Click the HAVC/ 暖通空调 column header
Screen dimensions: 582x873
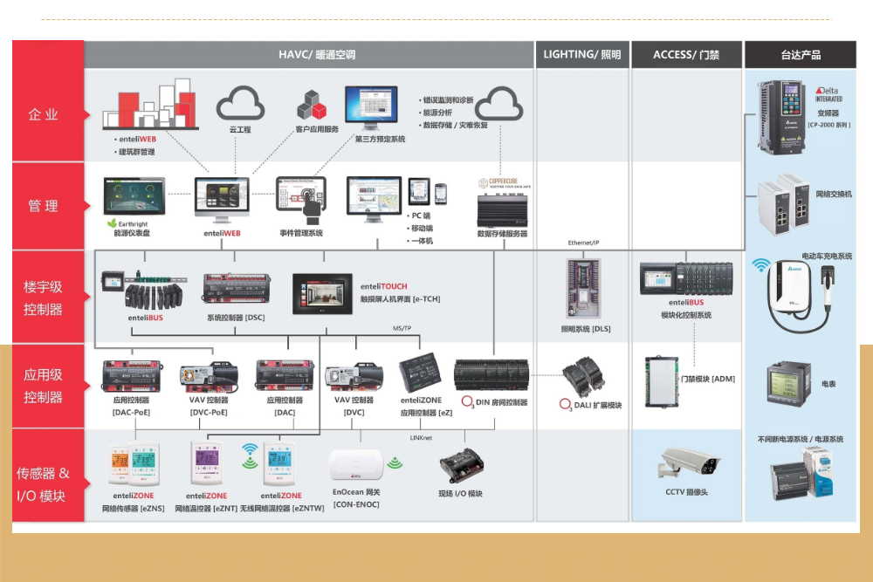pos(310,54)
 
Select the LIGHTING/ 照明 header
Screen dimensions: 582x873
pos(582,54)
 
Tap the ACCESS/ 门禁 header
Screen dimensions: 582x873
pos(686,54)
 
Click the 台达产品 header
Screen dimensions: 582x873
pos(800,54)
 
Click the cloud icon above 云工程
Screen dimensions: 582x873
pos(240,104)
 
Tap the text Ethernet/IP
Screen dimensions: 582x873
pos(582,243)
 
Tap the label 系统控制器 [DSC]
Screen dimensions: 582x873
pos(236,318)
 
